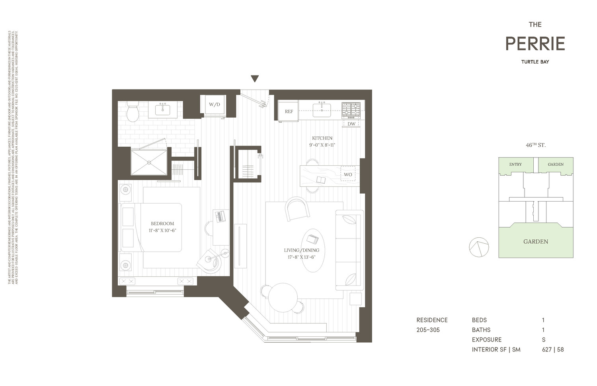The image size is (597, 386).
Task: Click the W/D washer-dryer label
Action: coord(214,105)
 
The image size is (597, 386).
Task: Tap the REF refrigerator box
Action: coord(289,111)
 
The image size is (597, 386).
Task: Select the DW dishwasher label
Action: coord(351,124)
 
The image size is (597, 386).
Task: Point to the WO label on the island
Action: coord(348,175)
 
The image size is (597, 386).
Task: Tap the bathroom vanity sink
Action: coord(163,110)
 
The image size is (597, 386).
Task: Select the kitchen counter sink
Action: coord(322,110)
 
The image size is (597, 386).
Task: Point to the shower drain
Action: coord(149,162)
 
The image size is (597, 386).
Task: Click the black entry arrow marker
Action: coord(255,79)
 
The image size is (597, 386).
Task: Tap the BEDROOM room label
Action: coord(162,224)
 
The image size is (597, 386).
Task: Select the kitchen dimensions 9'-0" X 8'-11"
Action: coord(322,145)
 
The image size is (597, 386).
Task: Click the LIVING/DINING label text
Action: coord(301,250)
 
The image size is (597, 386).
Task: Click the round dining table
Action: coord(283,298)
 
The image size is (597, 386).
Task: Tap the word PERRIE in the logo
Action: coord(535,44)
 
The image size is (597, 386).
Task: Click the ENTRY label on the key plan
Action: coord(515,165)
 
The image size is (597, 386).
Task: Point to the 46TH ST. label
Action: coord(535,145)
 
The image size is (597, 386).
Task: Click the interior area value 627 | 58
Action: coord(553,350)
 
